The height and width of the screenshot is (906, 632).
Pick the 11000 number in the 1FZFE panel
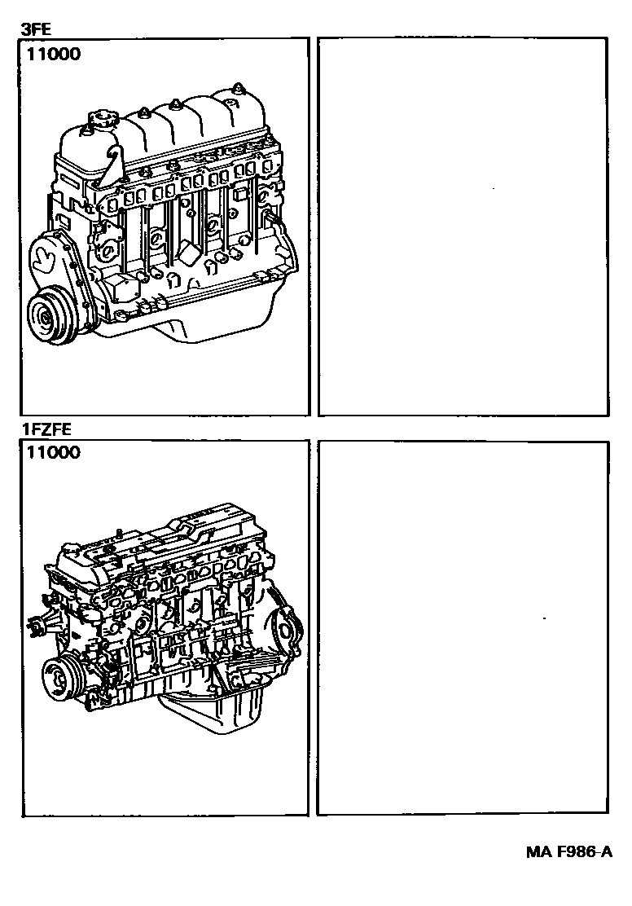tap(54, 454)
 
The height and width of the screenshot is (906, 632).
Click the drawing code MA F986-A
tap(568, 852)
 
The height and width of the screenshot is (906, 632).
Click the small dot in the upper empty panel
tap(494, 190)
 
